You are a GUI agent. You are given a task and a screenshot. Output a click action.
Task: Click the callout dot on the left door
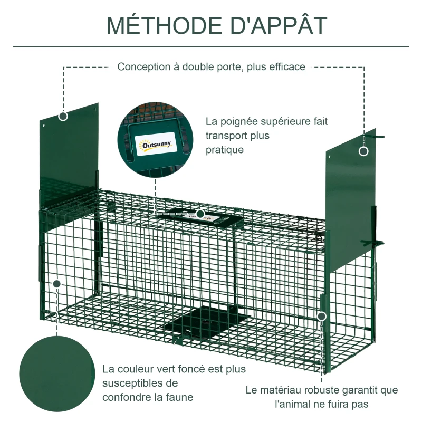coord(63,116)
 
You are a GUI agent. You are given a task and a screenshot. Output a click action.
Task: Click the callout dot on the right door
coord(363,151)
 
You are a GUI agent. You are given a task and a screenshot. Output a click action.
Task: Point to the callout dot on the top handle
coord(200,214)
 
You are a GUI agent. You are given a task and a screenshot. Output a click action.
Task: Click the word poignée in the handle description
coord(241,121)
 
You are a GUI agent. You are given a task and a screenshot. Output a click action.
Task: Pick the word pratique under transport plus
coord(225,150)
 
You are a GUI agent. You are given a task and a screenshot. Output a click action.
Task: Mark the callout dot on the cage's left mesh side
coord(57,284)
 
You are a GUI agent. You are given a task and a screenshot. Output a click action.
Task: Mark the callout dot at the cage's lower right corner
coord(322,316)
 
